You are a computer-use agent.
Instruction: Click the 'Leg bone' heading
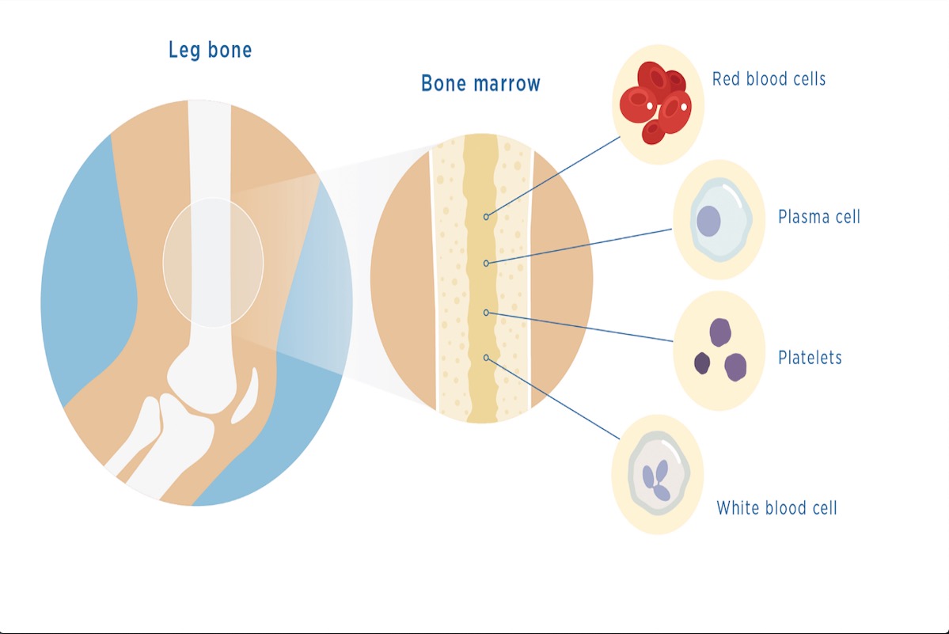pyautogui.click(x=210, y=50)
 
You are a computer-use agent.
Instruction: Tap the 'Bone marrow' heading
pyautogui.click(x=480, y=83)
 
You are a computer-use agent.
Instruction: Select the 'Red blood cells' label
pyautogui.click(x=769, y=78)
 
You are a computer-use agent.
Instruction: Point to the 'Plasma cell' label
pyautogui.click(x=819, y=217)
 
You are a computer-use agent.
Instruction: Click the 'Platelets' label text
pyautogui.click(x=810, y=358)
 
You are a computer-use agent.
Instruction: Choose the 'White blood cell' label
pyautogui.click(x=776, y=507)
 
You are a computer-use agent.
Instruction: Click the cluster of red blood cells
pyautogui.click(x=656, y=102)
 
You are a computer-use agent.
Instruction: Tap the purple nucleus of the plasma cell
pyautogui.click(x=708, y=221)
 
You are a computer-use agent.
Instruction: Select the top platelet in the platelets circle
pyautogui.click(x=720, y=332)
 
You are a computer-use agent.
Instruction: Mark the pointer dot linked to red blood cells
pyautogui.click(x=486, y=217)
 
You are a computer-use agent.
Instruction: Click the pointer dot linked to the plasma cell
pyautogui.click(x=486, y=263)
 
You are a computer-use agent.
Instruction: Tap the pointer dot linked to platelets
pyautogui.click(x=486, y=313)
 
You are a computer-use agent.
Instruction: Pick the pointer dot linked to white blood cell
pyautogui.click(x=486, y=358)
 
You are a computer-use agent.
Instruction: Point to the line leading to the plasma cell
pyautogui.click(x=580, y=245)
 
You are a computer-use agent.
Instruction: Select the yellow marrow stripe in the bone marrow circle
pyautogui.click(x=482, y=279)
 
